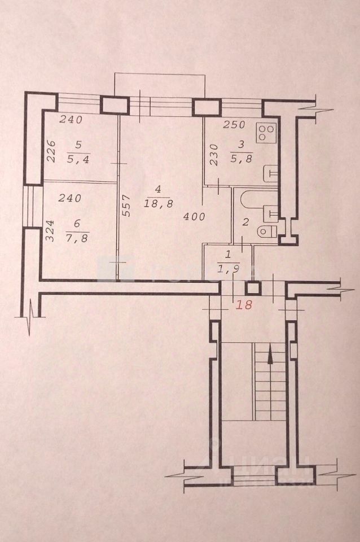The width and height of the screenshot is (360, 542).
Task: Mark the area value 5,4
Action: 78,160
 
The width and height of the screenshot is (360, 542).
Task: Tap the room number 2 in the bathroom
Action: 245,222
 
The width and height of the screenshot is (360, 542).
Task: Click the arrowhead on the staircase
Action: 270,356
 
